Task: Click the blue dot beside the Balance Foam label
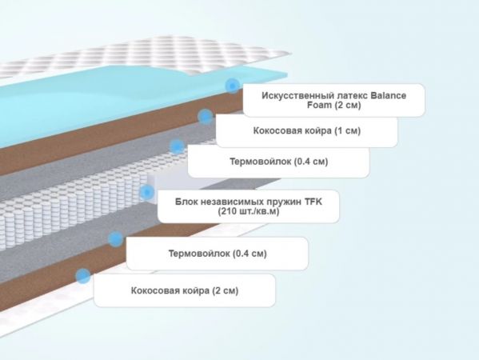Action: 233,86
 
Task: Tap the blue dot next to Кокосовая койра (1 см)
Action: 206,117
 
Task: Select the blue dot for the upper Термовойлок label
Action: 177,146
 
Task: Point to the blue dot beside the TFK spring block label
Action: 147,192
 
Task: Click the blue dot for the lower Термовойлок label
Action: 115,239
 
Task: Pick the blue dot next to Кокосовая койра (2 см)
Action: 83,276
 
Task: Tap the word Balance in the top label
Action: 389,95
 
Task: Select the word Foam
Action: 319,105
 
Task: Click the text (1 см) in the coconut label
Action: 348,130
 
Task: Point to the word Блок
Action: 186,202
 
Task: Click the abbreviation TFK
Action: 313,202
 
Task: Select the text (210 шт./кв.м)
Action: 249,211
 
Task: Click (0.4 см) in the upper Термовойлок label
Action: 311,162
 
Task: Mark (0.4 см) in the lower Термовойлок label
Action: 249,254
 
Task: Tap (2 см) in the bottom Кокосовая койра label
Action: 226,290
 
